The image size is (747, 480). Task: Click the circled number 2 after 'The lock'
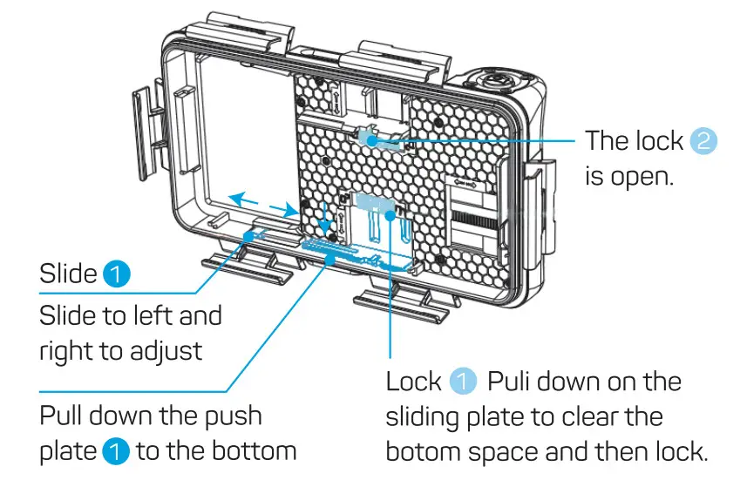[x=703, y=141]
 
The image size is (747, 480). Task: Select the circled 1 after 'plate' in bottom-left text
[x=115, y=452]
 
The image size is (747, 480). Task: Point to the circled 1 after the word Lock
[x=464, y=381]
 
